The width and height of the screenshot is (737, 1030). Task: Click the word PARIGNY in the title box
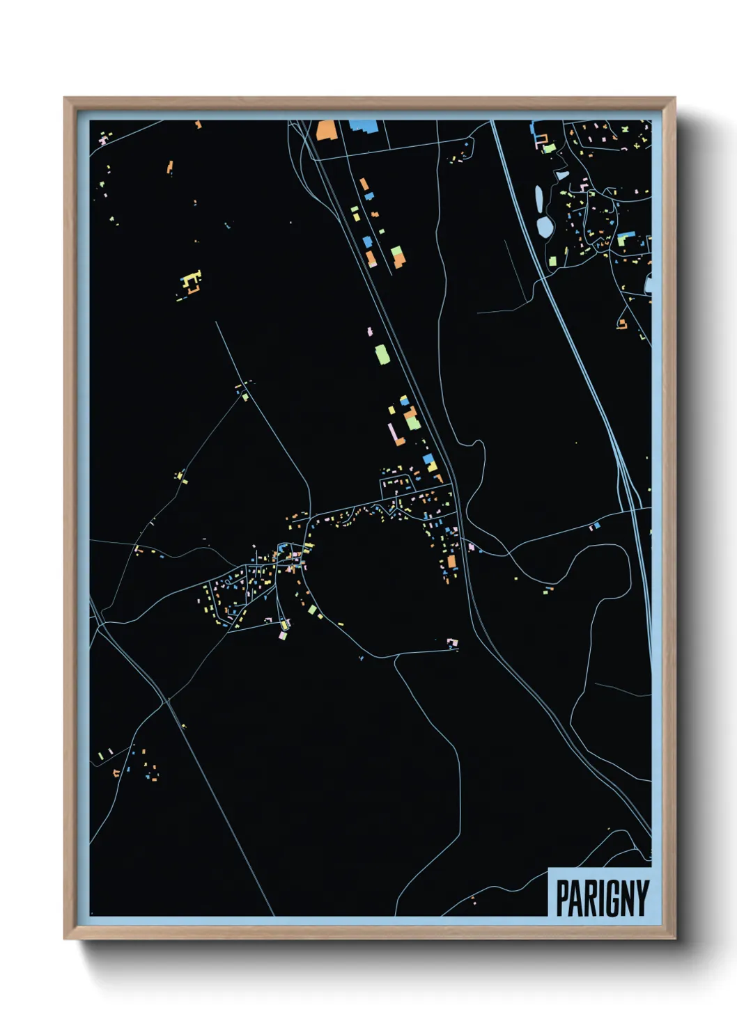pos(602,898)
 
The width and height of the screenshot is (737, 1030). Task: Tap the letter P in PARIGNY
pos(562,898)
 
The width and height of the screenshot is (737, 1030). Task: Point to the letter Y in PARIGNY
pos(642,898)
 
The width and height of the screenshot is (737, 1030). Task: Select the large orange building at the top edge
pos(325,130)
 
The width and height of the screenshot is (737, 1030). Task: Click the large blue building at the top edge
pos(363,126)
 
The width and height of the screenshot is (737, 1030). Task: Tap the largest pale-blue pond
pos(544,226)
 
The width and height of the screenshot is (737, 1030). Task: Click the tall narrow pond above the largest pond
pos(538,198)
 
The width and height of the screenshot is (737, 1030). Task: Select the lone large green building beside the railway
pos(382,354)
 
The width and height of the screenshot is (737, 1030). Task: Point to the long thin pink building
pos(394,433)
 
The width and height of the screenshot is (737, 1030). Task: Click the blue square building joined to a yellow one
pos(429,461)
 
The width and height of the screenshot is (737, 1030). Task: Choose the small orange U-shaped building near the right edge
pos(621,324)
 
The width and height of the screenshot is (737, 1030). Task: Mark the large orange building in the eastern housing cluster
pos(451,561)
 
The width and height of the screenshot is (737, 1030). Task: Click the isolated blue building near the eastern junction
pos(596,525)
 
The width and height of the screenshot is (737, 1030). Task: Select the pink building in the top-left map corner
pos(103,141)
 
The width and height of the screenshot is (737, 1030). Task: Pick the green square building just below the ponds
pos(552,261)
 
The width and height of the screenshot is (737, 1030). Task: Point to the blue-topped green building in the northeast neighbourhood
pos(625,238)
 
